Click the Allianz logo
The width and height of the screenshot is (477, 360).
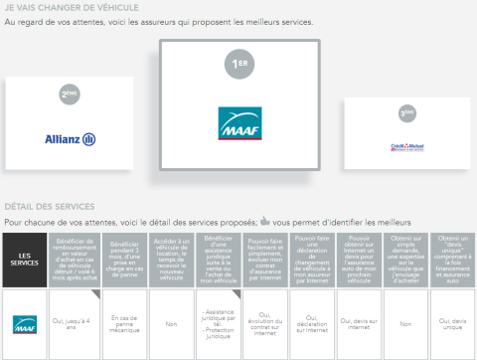click(x=70, y=138)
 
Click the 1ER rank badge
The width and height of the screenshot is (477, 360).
click(x=239, y=65)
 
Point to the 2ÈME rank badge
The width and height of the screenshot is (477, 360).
click(x=69, y=94)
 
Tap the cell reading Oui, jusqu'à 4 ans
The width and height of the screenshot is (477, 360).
click(x=78, y=323)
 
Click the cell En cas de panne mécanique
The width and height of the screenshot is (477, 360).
click(x=124, y=323)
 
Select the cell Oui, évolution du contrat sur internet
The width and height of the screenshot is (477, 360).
click(x=265, y=323)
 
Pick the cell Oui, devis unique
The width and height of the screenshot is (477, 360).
click(x=453, y=323)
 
